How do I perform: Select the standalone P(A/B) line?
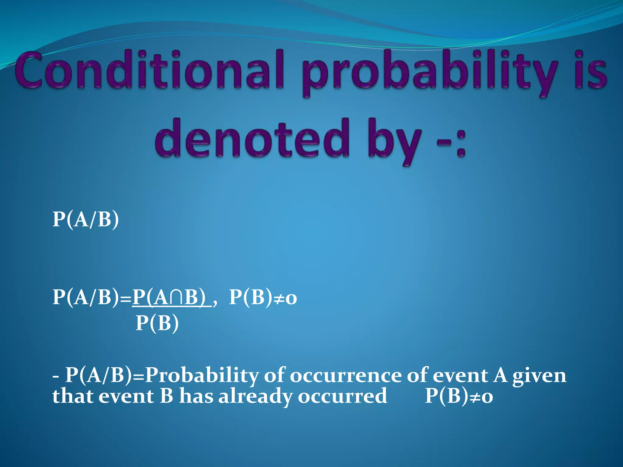point(86,219)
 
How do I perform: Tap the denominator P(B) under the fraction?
point(157,323)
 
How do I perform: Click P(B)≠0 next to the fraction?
point(263,297)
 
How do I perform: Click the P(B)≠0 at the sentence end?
point(459,396)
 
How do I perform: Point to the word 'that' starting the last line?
point(73,396)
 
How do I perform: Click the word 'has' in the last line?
point(196,396)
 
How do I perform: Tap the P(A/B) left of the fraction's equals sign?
point(86,297)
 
